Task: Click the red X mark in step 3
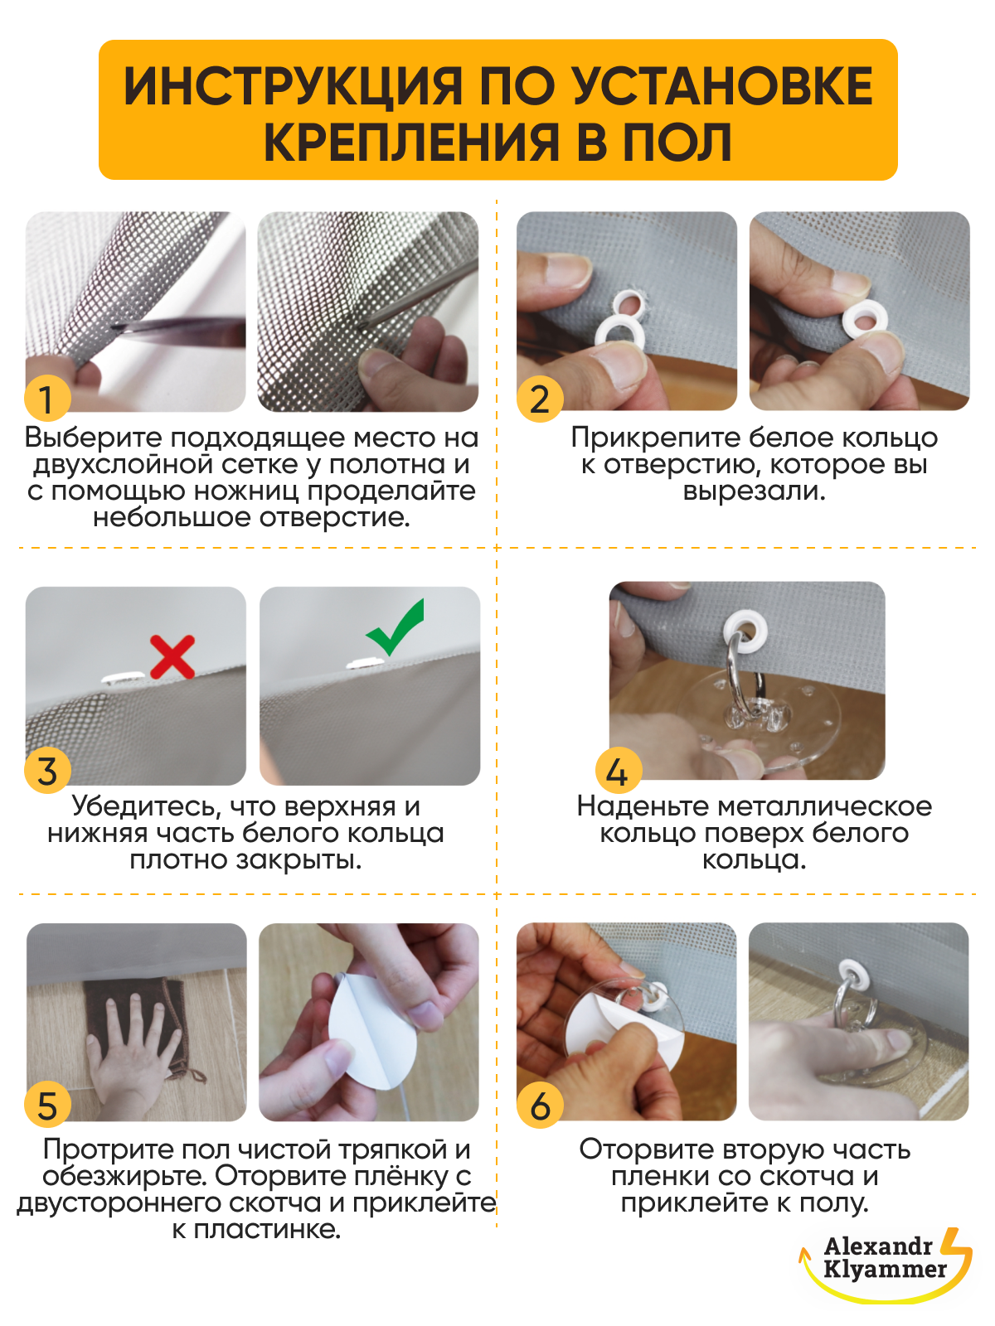click(x=172, y=656)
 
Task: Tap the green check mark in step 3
click(x=396, y=628)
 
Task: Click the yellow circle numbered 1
click(x=47, y=398)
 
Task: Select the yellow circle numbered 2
click(x=540, y=398)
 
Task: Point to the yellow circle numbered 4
click(x=618, y=770)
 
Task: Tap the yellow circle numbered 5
click(x=47, y=1106)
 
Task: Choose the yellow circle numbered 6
click(x=540, y=1106)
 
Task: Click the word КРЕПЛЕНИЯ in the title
click(x=411, y=143)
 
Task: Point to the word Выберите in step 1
click(x=95, y=438)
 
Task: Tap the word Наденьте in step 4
click(x=643, y=806)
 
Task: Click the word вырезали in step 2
click(x=754, y=491)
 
